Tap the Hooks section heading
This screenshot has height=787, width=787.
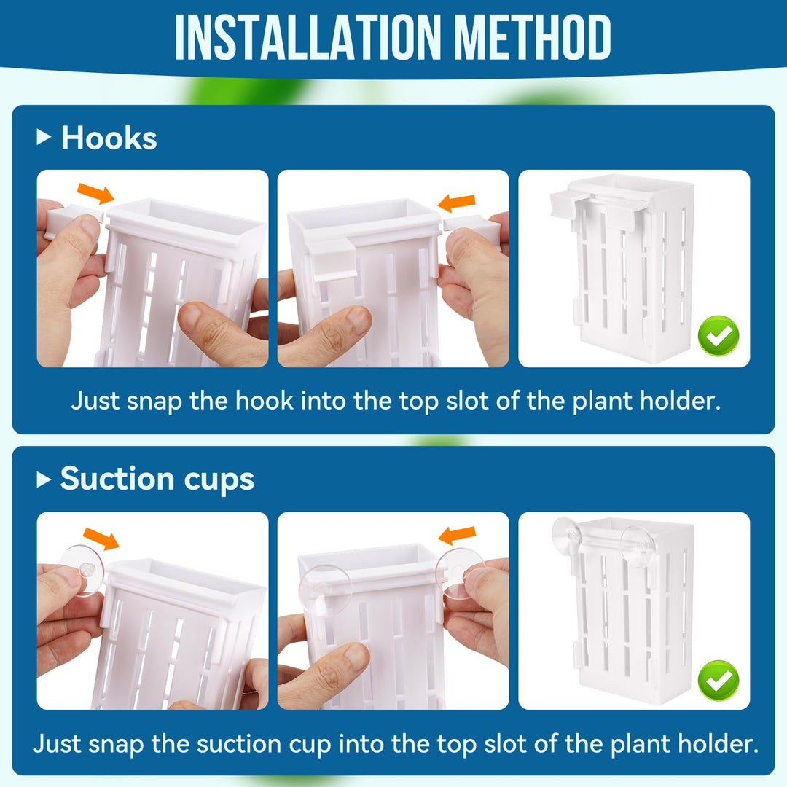[x=109, y=138]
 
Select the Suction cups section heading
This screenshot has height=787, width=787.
[x=157, y=479]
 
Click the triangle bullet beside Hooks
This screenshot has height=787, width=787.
[x=44, y=138]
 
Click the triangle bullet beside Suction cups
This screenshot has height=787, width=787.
[x=44, y=479]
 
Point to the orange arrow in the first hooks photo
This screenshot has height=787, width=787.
[x=95, y=194]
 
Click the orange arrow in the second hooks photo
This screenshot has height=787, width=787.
[x=457, y=202]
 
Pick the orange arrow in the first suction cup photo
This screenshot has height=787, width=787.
[x=102, y=539]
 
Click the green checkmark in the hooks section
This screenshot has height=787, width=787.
[x=719, y=336]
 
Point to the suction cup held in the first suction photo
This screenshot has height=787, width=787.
[x=82, y=569]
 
